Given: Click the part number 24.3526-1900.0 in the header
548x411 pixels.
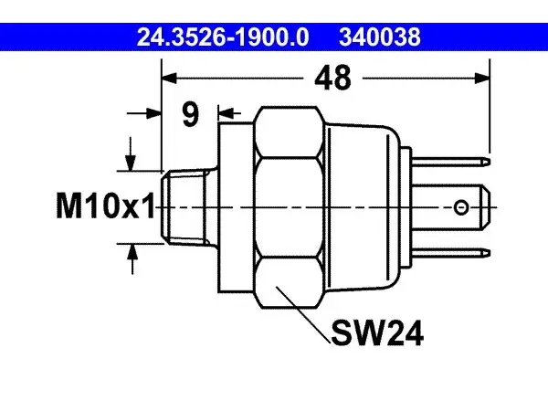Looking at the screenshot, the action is pos(223,37).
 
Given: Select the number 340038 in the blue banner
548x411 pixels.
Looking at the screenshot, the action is pos(380,37).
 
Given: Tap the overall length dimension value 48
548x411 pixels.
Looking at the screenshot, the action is pos(332,79).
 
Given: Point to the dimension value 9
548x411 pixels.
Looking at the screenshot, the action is pos(190,114).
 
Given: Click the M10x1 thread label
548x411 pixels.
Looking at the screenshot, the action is pos(106,206).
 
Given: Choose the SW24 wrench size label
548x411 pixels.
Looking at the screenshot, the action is pos(377,333).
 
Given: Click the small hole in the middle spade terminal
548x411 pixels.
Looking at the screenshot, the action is pos(461,207).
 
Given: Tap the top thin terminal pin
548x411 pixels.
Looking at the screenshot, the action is pos(451,162).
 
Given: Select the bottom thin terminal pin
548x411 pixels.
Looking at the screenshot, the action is pos(451,253).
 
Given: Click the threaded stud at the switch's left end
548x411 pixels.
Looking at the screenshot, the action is pos(189,207).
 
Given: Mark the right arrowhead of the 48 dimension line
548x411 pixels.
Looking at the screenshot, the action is pos(482,79).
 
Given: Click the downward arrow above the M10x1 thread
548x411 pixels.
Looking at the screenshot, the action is pos(131,153).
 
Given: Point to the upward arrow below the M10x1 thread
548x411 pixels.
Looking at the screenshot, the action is pos(132,259).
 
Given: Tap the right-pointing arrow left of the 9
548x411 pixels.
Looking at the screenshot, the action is pos(144,113).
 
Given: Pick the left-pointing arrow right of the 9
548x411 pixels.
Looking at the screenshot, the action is pos(229,113).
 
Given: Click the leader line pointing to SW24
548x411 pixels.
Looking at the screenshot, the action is pos(303,314).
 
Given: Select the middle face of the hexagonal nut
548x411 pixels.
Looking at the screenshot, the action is pos(290,207).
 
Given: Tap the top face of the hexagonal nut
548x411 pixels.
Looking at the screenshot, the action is pos(290,132).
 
